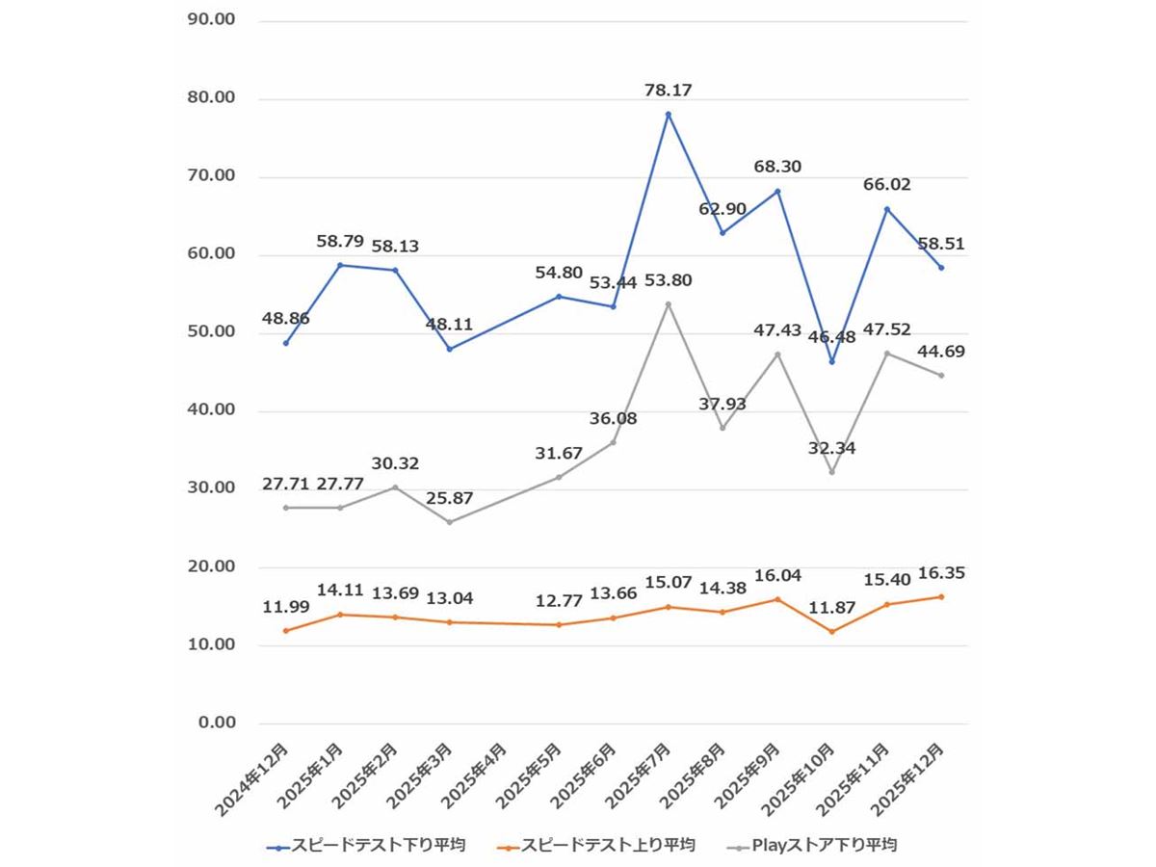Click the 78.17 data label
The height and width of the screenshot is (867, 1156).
click(668, 91)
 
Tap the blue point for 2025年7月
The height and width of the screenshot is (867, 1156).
click(668, 114)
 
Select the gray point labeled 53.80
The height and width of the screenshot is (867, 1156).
click(668, 304)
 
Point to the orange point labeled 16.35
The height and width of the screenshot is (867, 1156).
click(941, 596)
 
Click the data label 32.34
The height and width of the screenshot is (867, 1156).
click(831, 448)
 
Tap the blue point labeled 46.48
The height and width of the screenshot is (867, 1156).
click(831, 362)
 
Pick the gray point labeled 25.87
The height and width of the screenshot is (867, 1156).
click(449, 522)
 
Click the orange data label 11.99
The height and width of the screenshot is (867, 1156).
click(286, 608)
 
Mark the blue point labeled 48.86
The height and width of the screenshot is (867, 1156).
click(286, 343)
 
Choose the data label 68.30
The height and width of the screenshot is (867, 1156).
click(777, 167)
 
